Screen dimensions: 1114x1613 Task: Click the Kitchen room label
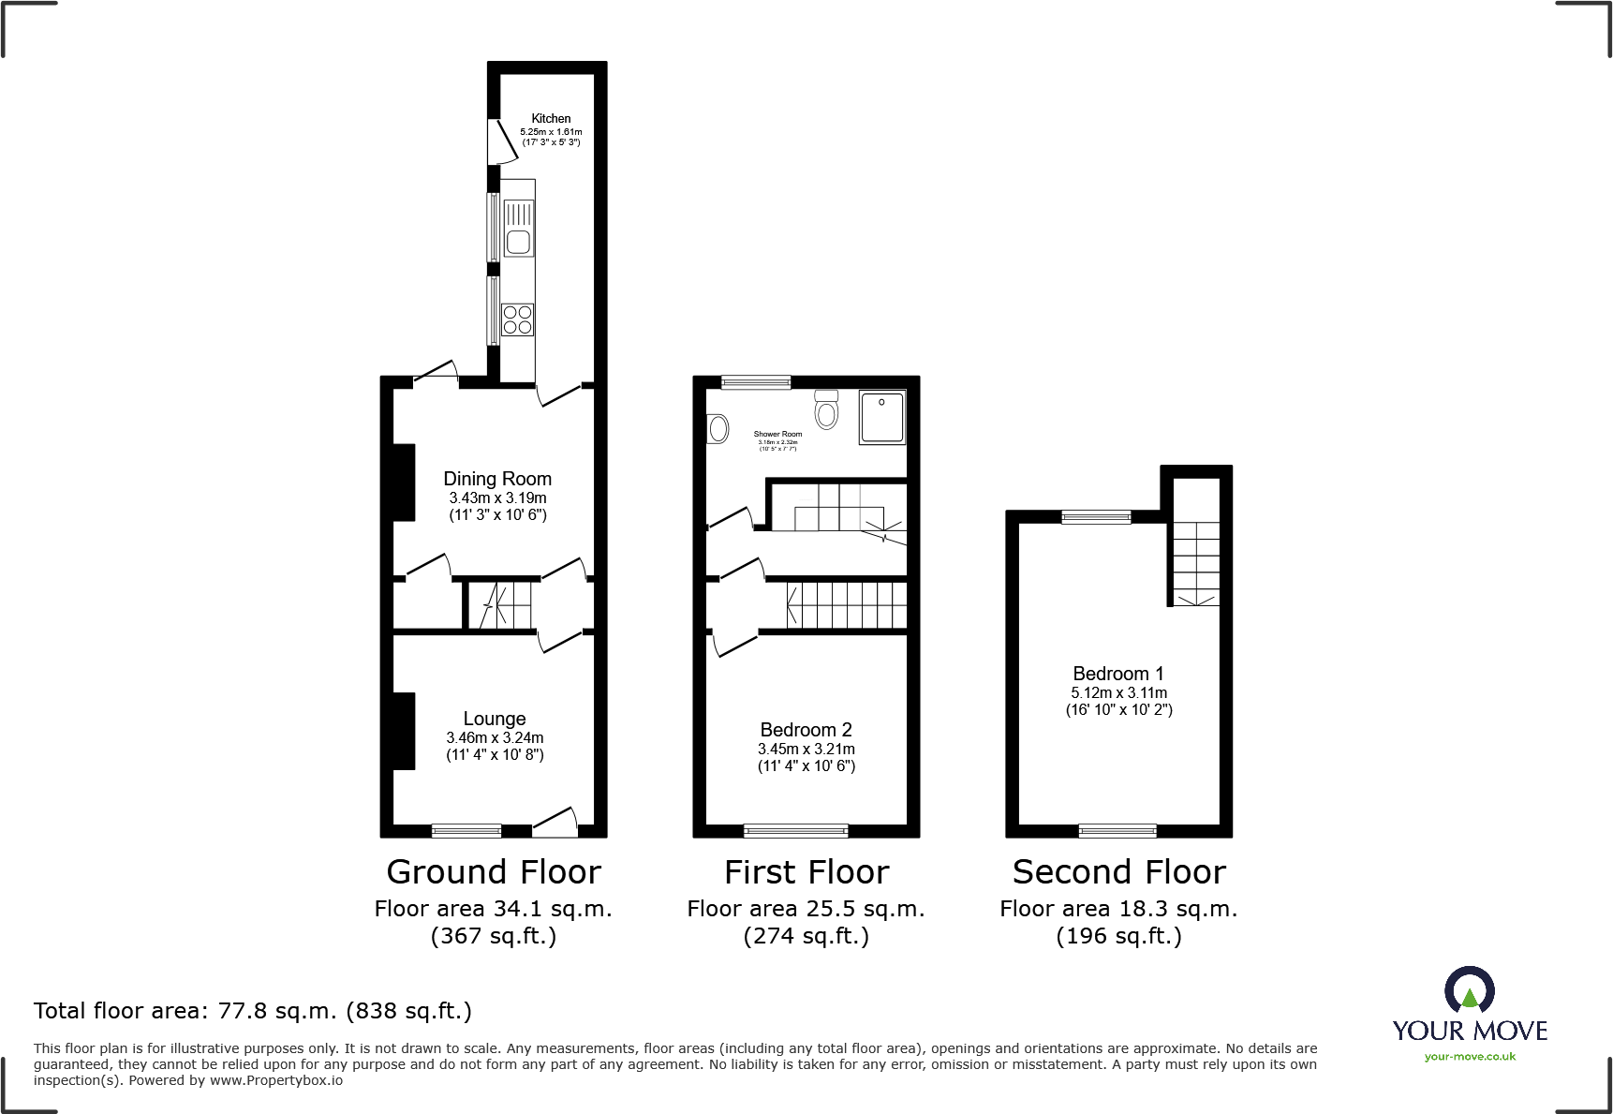point(551,119)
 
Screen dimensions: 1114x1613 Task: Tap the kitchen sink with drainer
point(519,228)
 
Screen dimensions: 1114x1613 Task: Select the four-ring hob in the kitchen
point(518,319)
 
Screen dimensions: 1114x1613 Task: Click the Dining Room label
point(497,479)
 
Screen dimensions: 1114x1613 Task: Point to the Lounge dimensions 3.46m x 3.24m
point(495,738)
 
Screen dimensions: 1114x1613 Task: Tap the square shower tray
point(882,417)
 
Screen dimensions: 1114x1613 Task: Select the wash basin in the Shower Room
point(718,429)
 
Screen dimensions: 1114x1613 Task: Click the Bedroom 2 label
point(806,730)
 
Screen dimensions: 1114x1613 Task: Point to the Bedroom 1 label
point(1118,674)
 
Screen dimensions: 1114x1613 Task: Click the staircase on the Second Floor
point(1196,562)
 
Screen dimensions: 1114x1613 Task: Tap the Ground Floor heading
point(494,872)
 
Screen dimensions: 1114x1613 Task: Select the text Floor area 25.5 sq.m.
point(806,909)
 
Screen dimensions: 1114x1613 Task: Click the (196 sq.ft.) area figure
point(1118,936)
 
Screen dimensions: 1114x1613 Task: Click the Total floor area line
point(253,1011)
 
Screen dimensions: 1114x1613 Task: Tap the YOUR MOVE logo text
point(1470,1031)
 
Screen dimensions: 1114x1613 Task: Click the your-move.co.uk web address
point(1470,1057)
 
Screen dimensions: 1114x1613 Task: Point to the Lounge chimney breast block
point(404,731)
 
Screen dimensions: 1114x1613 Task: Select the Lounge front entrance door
point(555,824)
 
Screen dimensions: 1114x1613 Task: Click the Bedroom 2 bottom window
point(795,830)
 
